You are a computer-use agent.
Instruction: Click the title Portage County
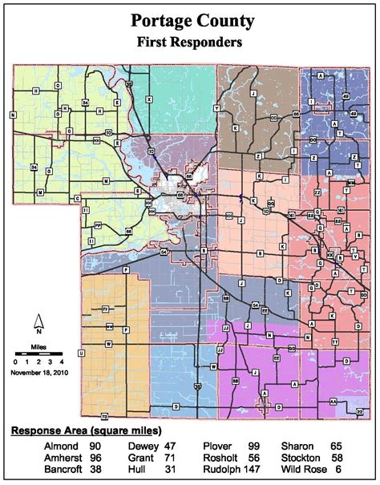189,22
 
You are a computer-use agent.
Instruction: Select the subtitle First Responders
189,43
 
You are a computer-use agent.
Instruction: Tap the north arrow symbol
37,325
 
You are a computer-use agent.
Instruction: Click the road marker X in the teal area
148,99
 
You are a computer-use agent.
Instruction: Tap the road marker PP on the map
97,227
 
